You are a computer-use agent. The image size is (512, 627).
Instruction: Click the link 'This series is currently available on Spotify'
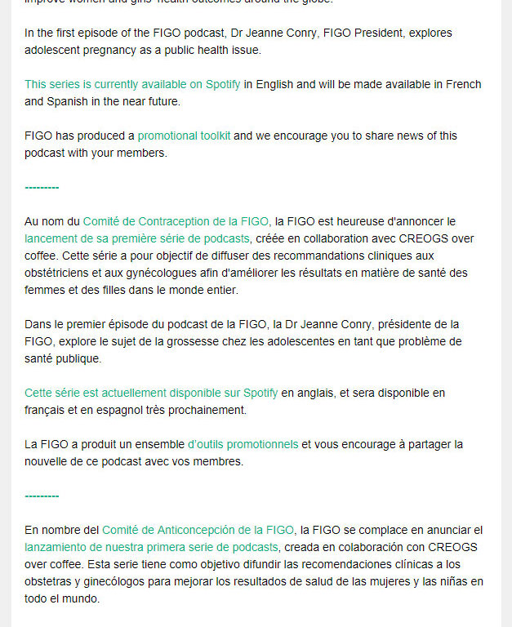132,85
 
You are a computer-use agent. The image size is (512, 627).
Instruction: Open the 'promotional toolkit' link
184,136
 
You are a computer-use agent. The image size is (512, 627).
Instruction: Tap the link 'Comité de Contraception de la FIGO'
176,221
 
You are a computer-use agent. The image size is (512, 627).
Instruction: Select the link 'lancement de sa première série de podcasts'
136,238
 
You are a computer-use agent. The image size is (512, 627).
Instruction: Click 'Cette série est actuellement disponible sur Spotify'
151,393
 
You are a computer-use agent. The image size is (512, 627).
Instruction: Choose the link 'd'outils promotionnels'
243,444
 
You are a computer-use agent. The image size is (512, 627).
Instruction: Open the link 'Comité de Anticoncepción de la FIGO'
198,530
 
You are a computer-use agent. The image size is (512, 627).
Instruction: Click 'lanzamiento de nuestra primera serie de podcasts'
151,547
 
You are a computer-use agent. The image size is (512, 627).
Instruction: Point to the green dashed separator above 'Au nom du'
42,188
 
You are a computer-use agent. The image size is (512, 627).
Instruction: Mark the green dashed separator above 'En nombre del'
42,496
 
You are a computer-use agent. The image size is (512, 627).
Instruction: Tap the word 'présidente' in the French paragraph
401,324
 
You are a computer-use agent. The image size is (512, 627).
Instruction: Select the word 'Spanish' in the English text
46,102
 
